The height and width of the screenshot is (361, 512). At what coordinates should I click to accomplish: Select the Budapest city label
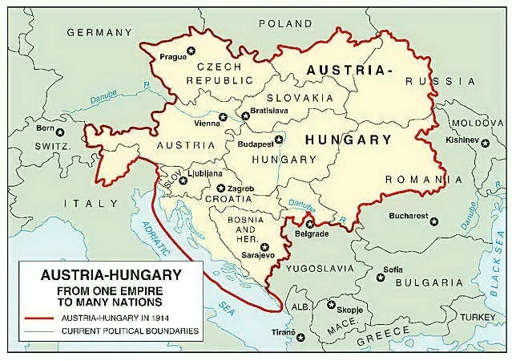click(x=256, y=144)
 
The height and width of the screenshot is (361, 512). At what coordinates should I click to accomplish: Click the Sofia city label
click(x=393, y=269)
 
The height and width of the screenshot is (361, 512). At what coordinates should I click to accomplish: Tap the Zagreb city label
click(x=241, y=187)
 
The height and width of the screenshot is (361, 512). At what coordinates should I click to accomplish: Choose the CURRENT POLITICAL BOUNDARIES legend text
click(x=128, y=331)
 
